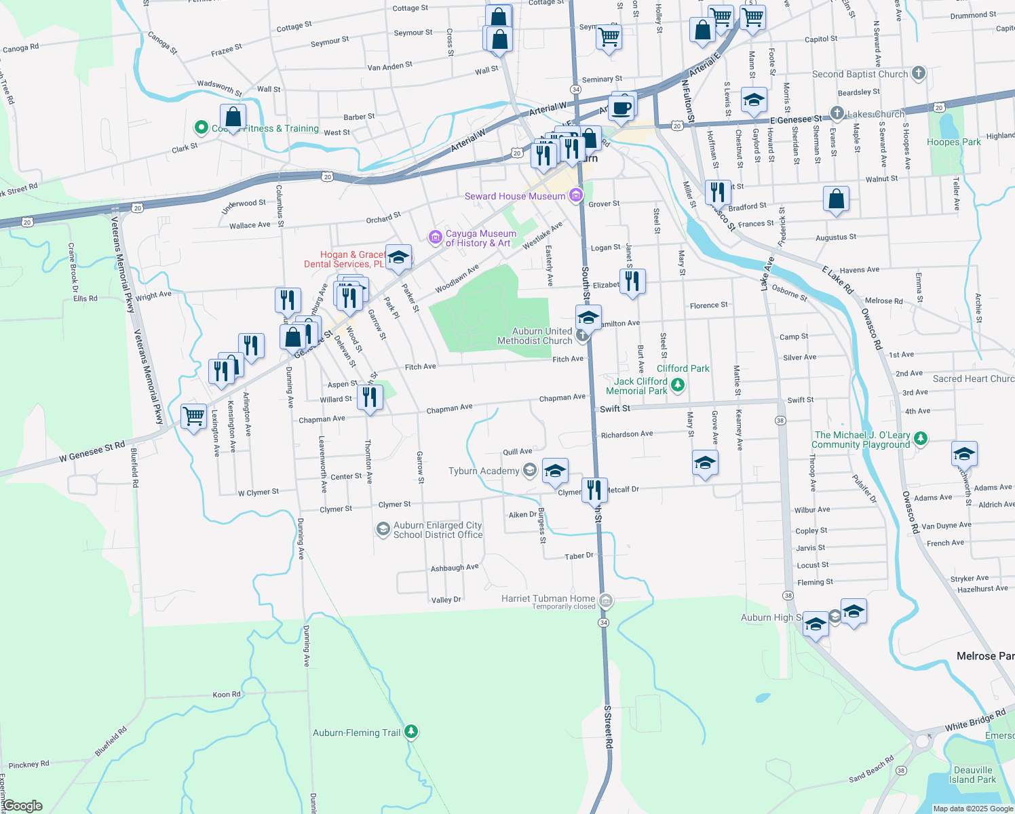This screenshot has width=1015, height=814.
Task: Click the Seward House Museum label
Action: pos(515,196)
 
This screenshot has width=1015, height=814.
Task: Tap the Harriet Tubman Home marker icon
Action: pos(607,600)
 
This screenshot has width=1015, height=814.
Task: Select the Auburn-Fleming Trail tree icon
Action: pos(410,732)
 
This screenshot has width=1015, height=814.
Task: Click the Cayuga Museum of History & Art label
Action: pos(480,238)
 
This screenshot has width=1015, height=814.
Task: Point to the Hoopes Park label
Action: pos(953,142)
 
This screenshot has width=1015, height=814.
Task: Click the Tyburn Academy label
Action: pos(484,471)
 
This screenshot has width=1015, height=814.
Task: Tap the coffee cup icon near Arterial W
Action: pos(621,107)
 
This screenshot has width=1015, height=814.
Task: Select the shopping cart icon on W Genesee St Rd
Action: pos(194,416)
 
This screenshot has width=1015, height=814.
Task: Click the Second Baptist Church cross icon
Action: pos(919,73)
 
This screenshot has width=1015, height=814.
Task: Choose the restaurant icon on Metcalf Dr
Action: pos(594,488)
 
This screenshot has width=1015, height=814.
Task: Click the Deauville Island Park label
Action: pos(973,775)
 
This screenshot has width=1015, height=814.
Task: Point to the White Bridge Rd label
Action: pos(975,720)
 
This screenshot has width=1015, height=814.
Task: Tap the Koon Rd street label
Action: pos(227,695)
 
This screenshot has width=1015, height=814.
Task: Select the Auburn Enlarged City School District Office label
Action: pos(438,530)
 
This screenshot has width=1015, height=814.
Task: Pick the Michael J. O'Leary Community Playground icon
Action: pos(921,438)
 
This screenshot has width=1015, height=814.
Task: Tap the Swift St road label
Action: pos(615,408)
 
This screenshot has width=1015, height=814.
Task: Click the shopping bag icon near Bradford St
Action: pos(836,199)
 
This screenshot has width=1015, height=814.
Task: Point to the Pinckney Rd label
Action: pos(28,764)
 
